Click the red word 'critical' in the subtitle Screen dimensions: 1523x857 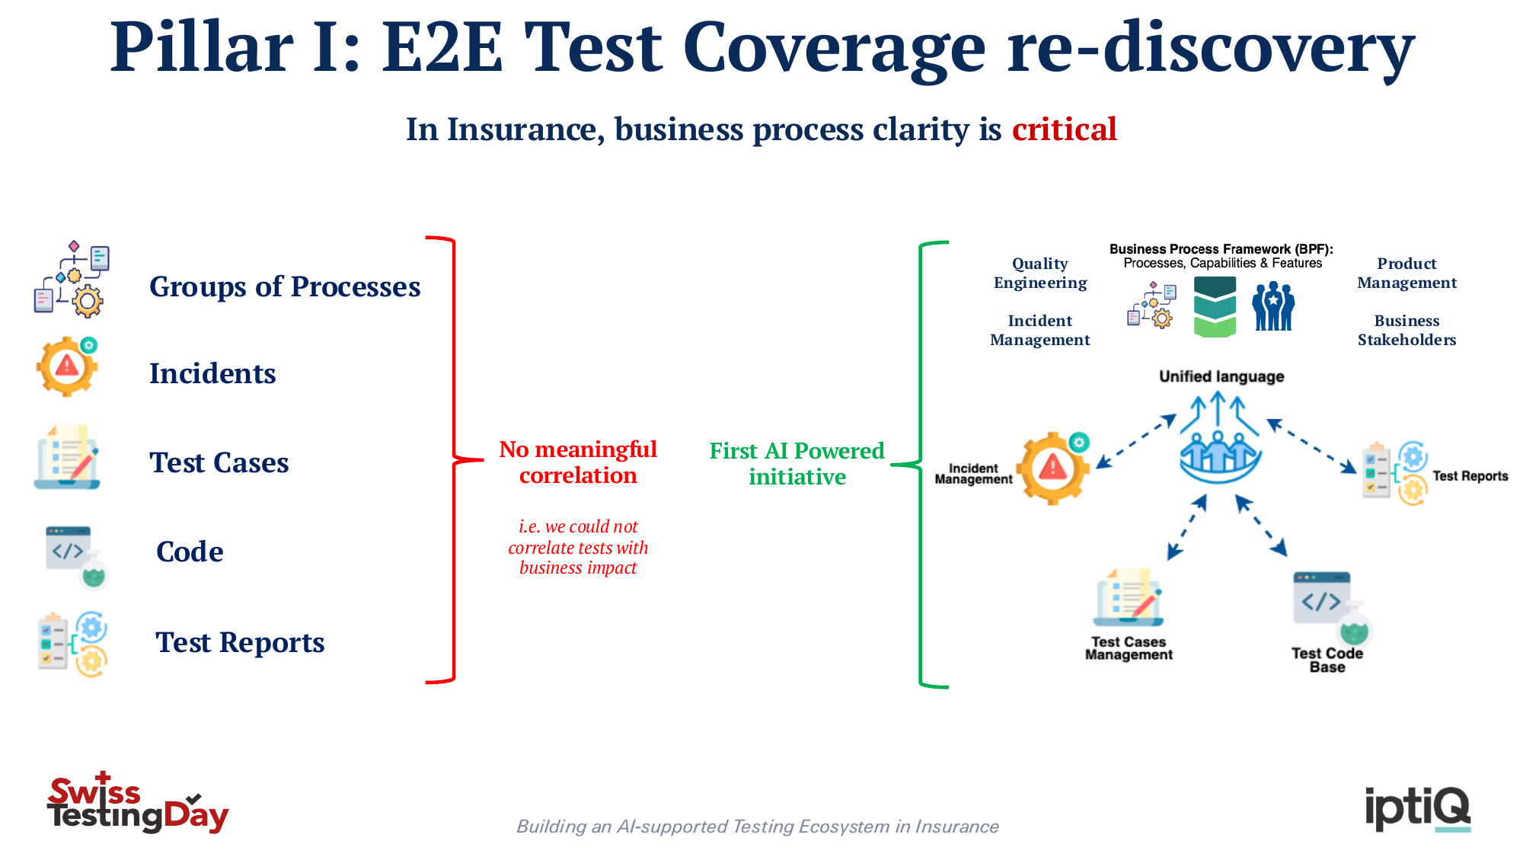tap(1064, 129)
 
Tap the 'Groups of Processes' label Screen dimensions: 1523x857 tap(285, 286)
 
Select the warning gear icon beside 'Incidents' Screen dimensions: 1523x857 tap(67, 366)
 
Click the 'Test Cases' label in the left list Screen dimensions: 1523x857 tap(219, 462)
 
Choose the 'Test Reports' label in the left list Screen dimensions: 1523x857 tap(240, 642)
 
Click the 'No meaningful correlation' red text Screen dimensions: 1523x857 tap(578, 462)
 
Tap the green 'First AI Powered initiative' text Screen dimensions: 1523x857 tap(797, 463)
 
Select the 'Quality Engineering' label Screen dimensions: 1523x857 tap(1040, 273)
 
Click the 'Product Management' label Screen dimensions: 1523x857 tap(1406, 273)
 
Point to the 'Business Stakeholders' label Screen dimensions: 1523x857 tap(1406, 330)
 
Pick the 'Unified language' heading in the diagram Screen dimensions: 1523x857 tap(1221, 376)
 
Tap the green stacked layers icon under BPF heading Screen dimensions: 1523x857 tap(1215, 307)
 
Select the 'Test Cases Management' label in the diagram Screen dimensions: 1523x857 tap(1129, 648)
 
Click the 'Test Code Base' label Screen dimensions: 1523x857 tap(1327, 660)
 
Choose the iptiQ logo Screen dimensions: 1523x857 tap(1417, 809)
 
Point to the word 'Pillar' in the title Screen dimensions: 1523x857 tap(202, 47)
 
